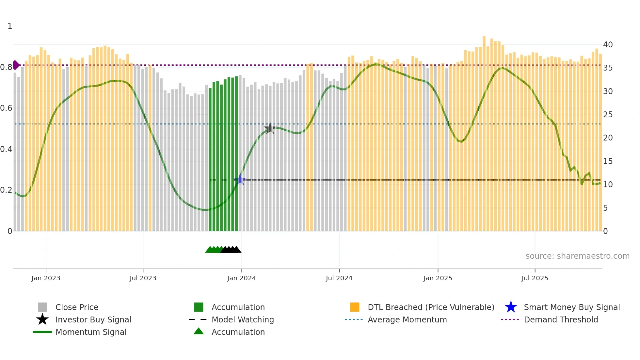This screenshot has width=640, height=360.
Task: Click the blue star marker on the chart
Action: (240, 180)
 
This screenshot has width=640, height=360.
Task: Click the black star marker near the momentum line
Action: (270, 128)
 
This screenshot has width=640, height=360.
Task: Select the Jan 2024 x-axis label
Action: (241, 278)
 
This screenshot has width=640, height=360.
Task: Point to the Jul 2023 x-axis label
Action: (143, 278)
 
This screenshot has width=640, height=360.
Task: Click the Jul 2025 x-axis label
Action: (535, 278)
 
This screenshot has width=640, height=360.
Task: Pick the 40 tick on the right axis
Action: (608, 45)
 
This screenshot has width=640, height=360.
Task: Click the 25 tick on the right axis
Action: (608, 115)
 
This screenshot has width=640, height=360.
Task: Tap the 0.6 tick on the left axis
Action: (6, 108)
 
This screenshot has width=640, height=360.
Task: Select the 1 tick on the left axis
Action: (10, 26)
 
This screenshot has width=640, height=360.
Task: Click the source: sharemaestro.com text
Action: (577, 256)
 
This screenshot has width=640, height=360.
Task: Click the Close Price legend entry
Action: (77, 307)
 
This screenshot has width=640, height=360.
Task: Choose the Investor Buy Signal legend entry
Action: (93, 319)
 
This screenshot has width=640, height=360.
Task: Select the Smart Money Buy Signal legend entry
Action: (571, 307)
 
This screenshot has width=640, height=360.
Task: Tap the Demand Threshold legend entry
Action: (561, 319)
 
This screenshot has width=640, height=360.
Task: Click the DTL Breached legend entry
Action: (431, 307)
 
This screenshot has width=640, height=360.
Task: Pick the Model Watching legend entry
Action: (243, 319)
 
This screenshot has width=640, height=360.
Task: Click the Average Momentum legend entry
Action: (407, 319)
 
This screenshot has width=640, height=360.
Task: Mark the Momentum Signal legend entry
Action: (91, 332)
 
